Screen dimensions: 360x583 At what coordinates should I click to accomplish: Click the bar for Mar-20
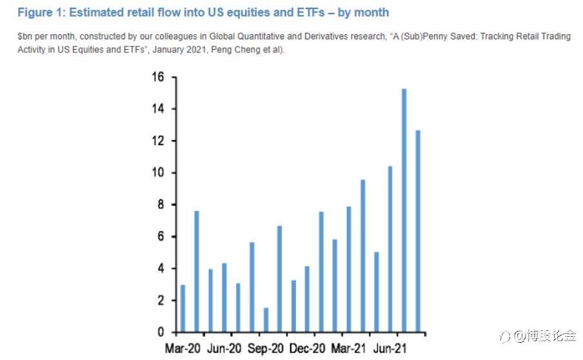pos(183,308)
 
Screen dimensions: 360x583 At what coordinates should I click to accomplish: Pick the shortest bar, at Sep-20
pos(266,320)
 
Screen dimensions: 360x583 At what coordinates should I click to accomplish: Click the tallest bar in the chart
pos(404,210)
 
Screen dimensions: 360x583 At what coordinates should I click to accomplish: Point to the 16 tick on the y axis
pos(157,77)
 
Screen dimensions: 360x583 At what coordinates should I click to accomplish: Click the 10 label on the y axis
pos(157,173)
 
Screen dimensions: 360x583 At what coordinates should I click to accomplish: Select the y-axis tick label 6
pos(161,237)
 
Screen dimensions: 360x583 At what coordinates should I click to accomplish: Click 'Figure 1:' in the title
pos(39,12)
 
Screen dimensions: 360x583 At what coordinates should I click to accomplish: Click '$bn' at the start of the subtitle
pos(25,37)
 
